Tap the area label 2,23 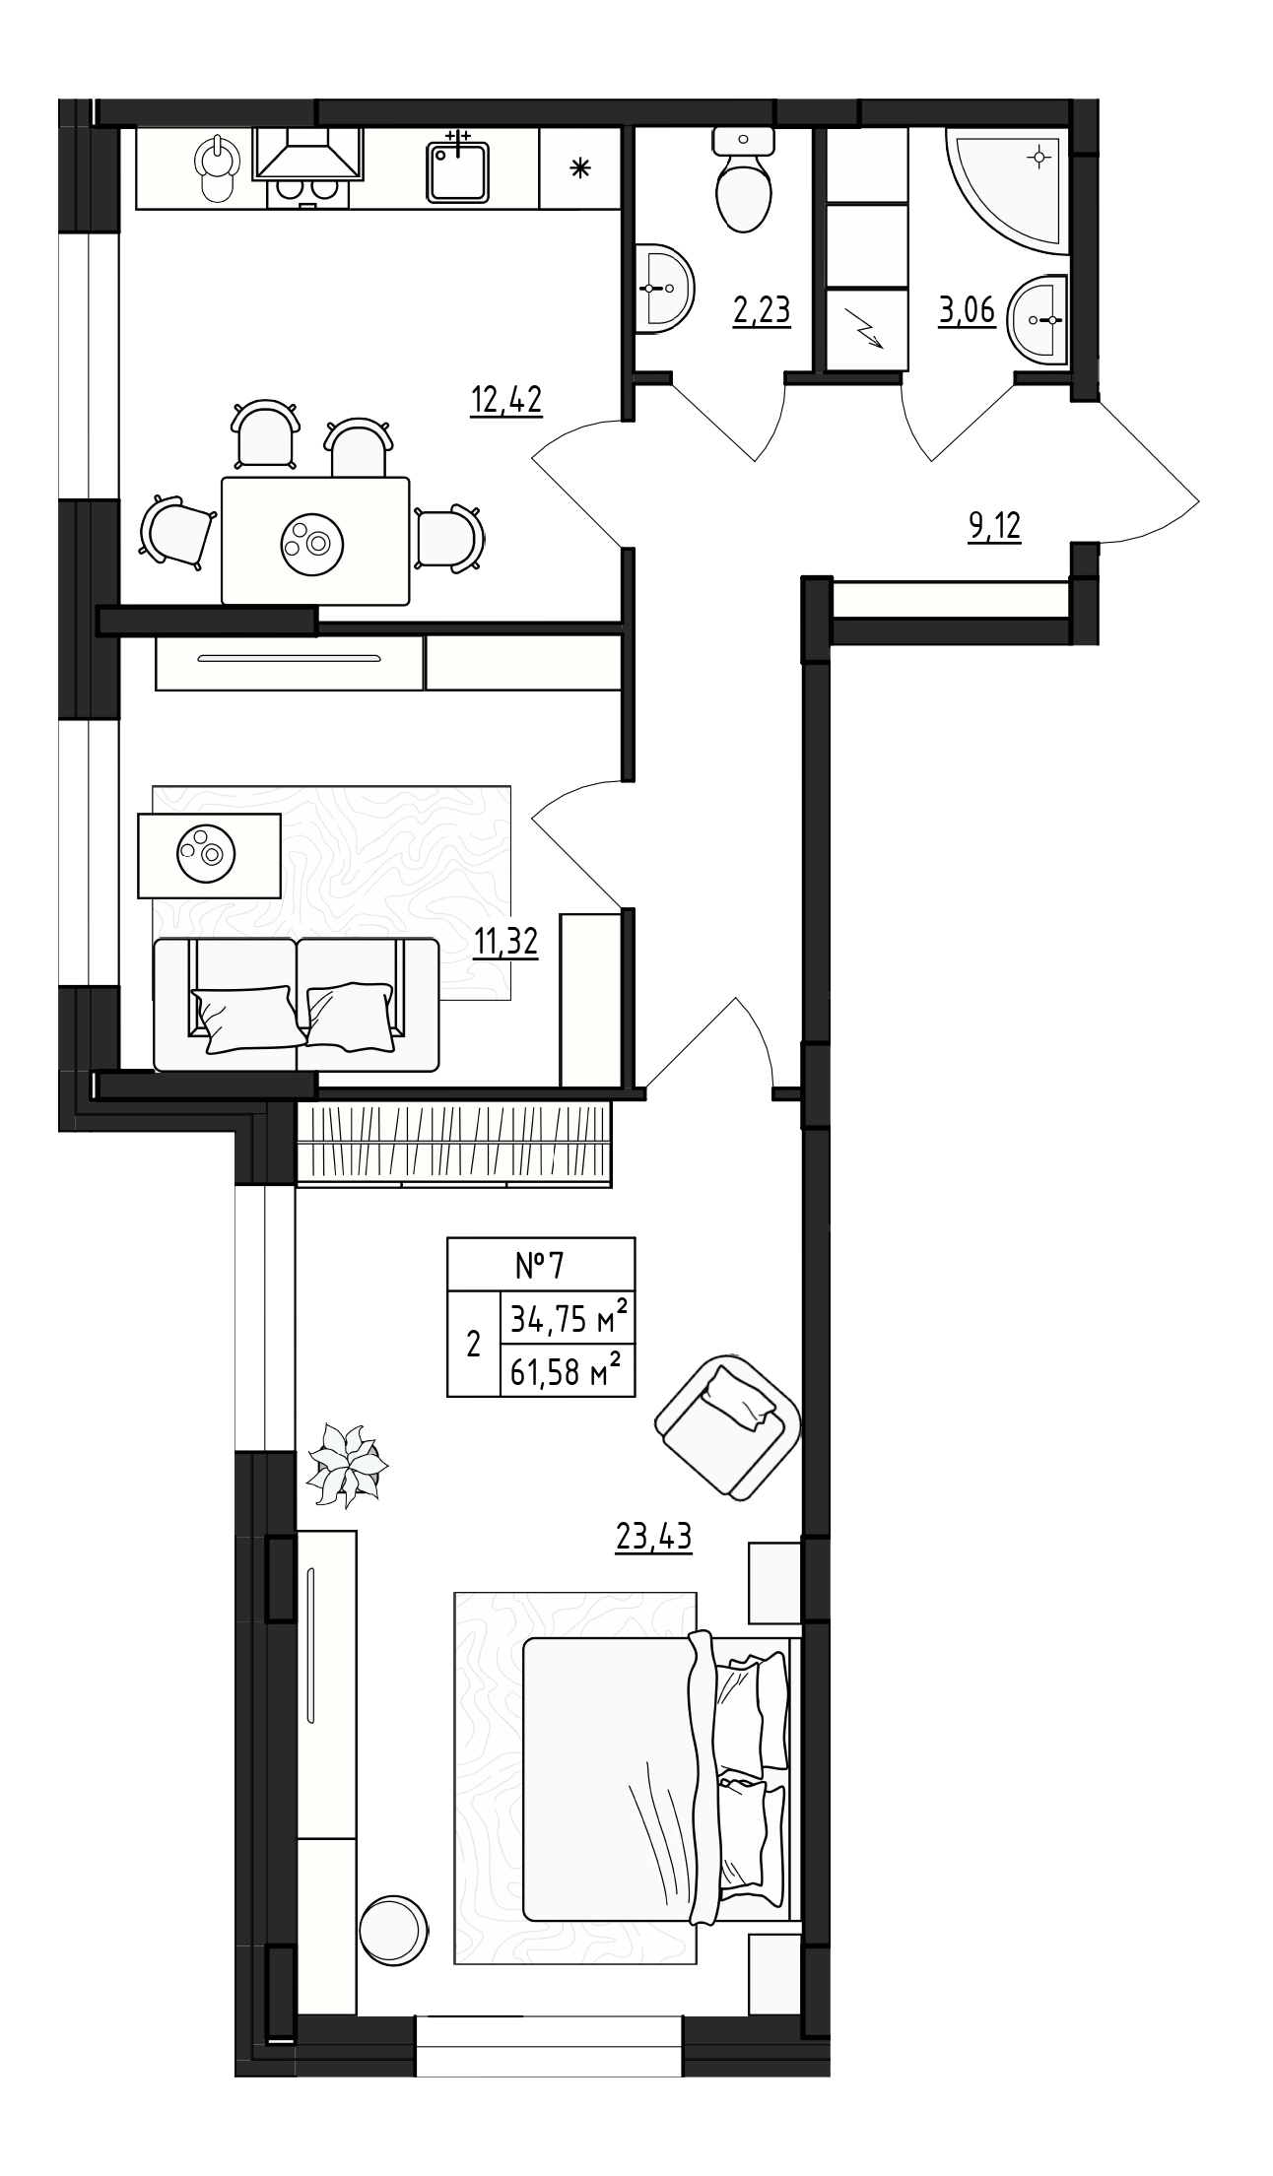click(762, 310)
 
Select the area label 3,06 click(967, 310)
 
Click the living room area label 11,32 click(505, 943)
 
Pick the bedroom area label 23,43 click(653, 1536)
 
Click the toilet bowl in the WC click(742, 187)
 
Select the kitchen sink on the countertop click(459, 169)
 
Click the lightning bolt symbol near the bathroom click(866, 329)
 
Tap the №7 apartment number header click(541, 1263)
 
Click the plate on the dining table click(312, 539)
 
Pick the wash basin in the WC click(664, 288)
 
